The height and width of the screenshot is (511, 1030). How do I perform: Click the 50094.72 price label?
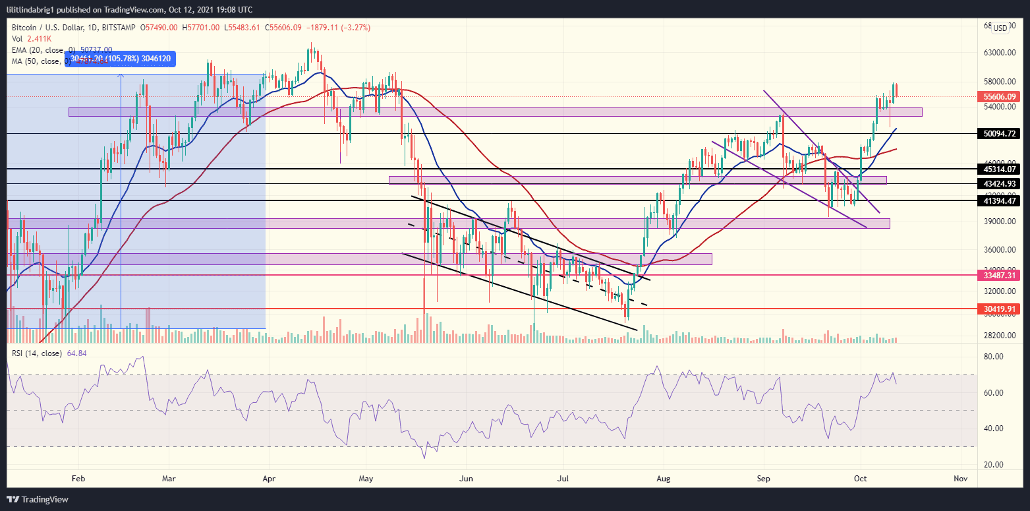pos(1001,134)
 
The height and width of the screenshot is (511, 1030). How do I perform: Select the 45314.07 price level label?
pos(1001,169)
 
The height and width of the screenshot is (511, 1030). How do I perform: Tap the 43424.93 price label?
pos(1001,183)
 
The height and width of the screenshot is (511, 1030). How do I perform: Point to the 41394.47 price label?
pos(1001,200)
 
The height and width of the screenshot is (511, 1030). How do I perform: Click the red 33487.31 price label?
pos(1001,274)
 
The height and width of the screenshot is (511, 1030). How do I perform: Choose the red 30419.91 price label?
pos(1001,308)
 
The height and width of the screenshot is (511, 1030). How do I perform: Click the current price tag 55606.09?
pos(1001,96)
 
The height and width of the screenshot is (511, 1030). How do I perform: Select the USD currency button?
pos(1000,28)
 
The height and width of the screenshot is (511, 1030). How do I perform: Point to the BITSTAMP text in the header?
pos(119,28)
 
